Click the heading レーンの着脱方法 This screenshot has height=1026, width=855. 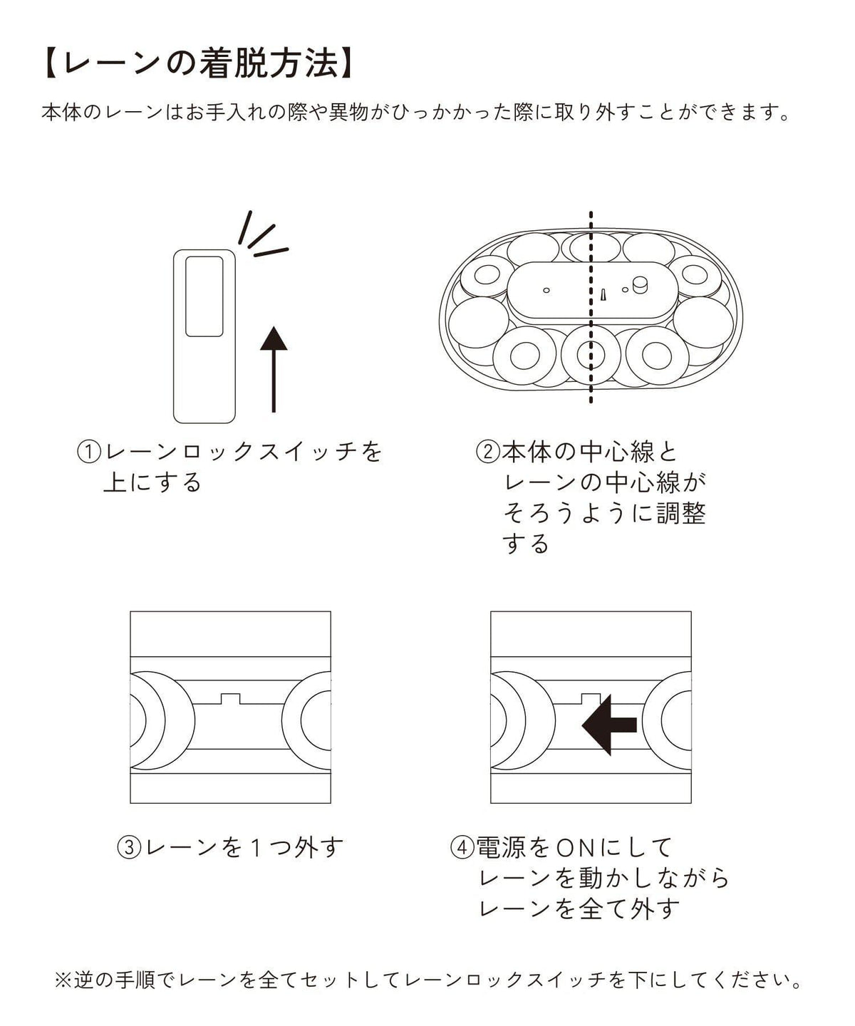click(199, 64)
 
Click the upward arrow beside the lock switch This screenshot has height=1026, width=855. click(274, 369)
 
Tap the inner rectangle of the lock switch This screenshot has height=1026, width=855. click(204, 296)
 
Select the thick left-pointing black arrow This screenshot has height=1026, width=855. click(609, 725)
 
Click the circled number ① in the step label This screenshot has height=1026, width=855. click(89, 452)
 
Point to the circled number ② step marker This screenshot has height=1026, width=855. click(488, 452)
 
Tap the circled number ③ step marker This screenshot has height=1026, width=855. click(130, 848)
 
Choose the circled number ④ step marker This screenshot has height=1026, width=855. click(462, 848)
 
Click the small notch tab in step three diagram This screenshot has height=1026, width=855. click(230, 699)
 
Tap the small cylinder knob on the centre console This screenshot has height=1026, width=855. click(640, 285)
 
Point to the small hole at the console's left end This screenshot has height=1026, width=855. click(546, 291)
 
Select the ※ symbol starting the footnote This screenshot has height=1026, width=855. click(63, 980)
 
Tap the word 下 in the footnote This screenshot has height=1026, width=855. click(637, 980)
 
